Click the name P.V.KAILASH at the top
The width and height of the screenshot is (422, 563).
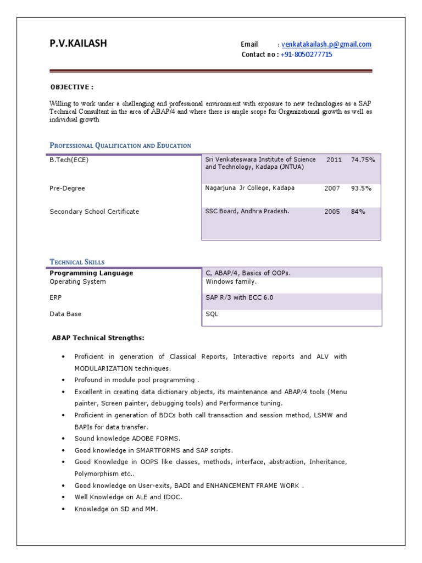78,44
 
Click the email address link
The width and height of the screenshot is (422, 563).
326,45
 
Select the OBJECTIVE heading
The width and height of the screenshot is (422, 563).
72,87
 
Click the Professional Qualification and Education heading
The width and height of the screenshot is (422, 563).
120,146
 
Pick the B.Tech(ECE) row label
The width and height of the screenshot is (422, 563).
69,160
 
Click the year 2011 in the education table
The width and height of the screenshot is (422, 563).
334,160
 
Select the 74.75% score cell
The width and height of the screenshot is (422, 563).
363,160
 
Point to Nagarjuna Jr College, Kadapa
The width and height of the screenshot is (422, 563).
250,188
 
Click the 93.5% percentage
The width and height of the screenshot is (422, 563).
361,188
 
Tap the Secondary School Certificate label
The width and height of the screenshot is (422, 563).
95,212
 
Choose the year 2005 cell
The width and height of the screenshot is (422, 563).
332,212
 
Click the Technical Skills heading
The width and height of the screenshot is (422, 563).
77,262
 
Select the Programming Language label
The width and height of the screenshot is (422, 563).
91,273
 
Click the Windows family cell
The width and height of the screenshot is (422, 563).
231,281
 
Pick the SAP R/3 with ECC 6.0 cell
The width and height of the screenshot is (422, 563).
240,298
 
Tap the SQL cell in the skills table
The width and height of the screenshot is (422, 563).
212,314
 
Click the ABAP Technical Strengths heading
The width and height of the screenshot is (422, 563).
98,338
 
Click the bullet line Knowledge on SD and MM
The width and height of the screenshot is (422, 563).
116,509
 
